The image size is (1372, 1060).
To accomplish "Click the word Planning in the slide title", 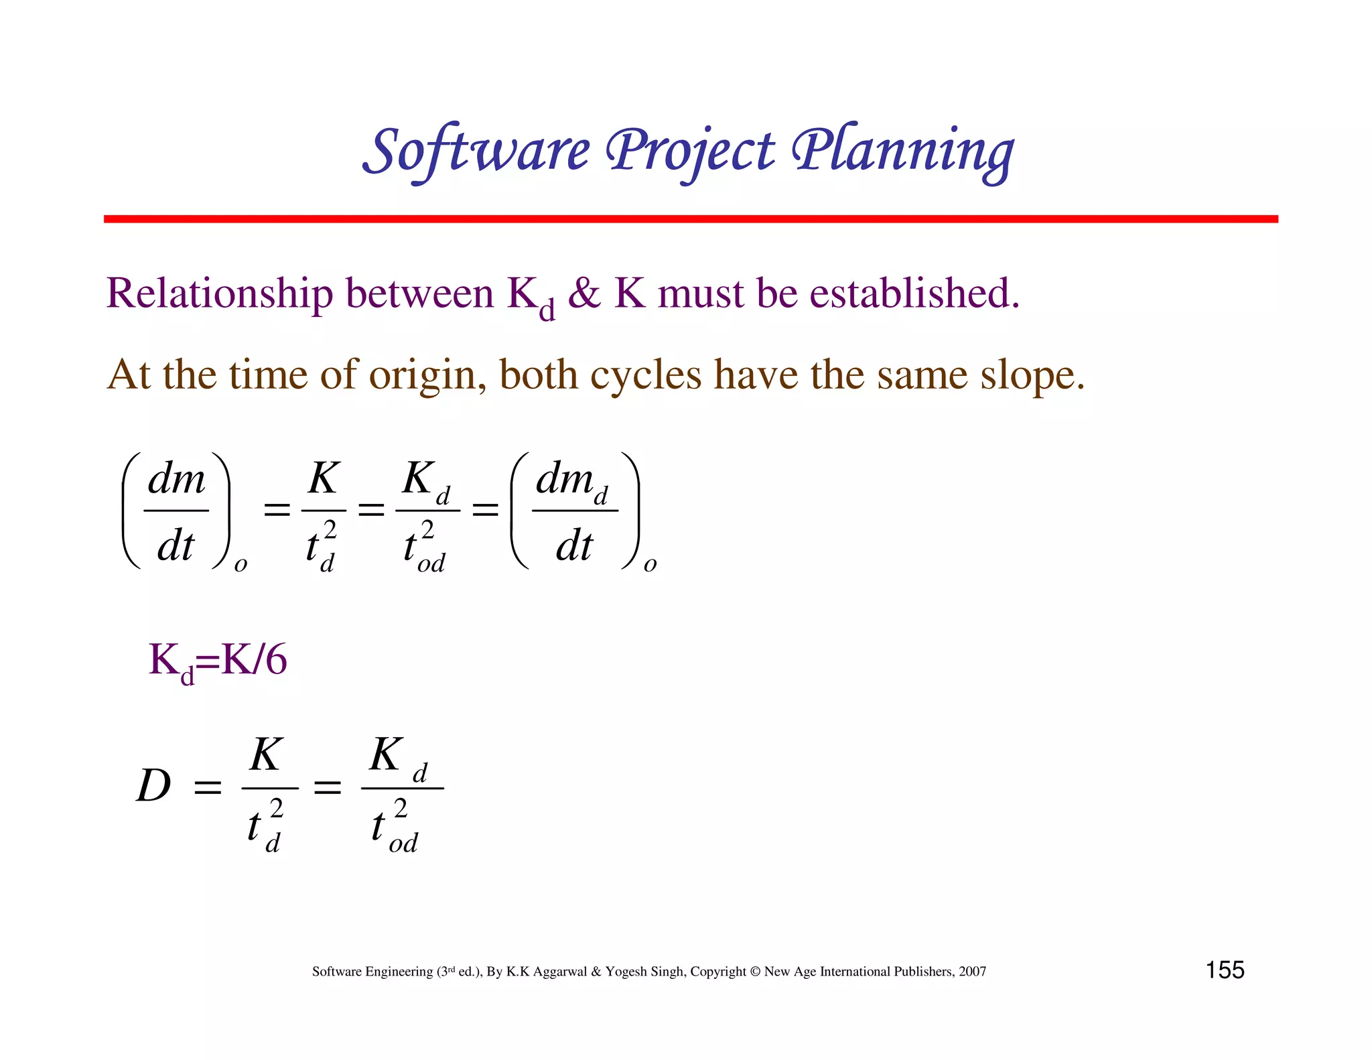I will pyautogui.click(x=902, y=151).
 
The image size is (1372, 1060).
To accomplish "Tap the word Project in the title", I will pyautogui.click(x=690, y=151).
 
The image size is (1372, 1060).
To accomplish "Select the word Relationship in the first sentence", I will pyautogui.click(x=219, y=294).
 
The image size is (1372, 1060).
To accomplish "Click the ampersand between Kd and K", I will pyautogui.click(x=584, y=294).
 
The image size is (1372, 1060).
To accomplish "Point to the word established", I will pyautogui.click(x=914, y=294).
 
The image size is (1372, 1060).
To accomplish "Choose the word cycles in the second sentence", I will pyautogui.click(x=645, y=375).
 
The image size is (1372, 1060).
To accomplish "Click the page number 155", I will pyautogui.click(x=1225, y=970).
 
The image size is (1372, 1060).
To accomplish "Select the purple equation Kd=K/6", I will pyautogui.click(x=218, y=661).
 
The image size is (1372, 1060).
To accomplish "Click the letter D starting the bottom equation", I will pyautogui.click(x=153, y=785).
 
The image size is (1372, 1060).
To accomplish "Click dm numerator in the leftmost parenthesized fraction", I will pyautogui.click(x=176, y=479).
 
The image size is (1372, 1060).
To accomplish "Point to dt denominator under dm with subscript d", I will pyautogui.click(x=574, y=545).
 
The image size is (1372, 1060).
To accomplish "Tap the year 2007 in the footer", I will pyautogui.click(x=972, y=972).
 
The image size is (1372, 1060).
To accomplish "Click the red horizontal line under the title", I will pyautogui.click(x=690, y=219).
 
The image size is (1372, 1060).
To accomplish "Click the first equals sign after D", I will pyautogui.click(x=208, y=787).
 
